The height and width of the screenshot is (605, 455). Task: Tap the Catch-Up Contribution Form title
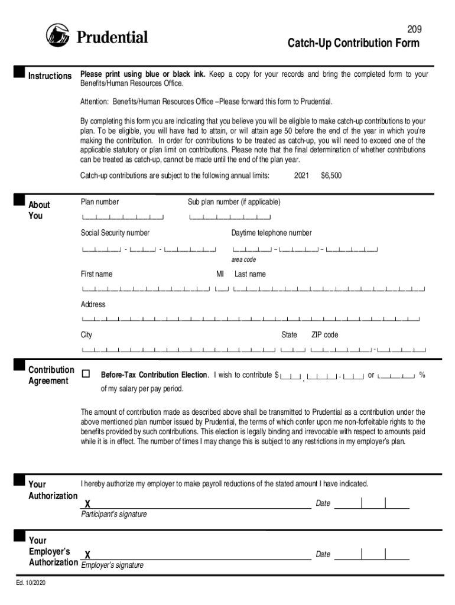pos(353,43)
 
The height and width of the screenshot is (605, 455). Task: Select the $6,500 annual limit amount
pos(331,175)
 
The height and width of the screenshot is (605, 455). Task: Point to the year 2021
pos(301,175)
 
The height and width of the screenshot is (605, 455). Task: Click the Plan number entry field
pos(123,217)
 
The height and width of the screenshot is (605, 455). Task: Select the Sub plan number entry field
pos(230,217)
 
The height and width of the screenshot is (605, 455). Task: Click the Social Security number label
pos(115,233)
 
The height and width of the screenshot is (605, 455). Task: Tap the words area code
pos(243,259)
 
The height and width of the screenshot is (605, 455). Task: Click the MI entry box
pos(222,289)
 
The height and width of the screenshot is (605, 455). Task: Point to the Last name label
pos(250,274)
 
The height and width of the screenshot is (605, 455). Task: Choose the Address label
pos(93,304)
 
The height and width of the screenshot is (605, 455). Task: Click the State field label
pos(289,335)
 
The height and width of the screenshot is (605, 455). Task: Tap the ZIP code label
pos(325,335)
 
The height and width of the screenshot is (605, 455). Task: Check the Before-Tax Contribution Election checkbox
pos(86,374)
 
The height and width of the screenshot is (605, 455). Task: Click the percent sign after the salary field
pos(422,375)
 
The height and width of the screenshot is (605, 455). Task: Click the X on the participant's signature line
pos(87,504)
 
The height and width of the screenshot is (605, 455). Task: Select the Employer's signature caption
pos(112,565)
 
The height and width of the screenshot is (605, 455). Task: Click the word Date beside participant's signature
pos(323,503)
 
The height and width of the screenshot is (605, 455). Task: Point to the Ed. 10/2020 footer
pos(31,584)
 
